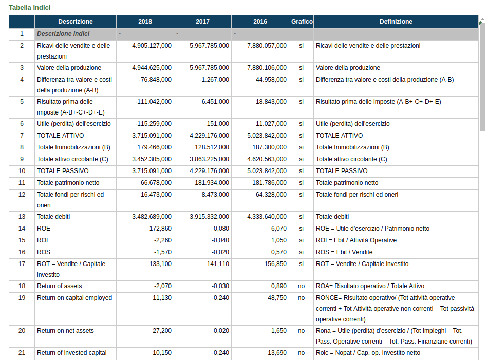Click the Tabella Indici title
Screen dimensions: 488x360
30,8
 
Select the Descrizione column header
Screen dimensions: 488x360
76,22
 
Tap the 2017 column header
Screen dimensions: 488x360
202,22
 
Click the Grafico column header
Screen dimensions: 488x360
302,22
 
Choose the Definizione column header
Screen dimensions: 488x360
396,22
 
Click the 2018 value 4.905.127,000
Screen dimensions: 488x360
152,46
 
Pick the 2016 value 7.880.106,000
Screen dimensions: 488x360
267,68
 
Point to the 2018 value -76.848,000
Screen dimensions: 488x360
155,80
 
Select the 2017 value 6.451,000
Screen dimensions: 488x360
215,102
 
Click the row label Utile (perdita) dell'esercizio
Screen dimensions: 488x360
74,124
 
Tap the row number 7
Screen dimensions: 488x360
22,136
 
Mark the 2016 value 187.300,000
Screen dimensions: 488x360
269,147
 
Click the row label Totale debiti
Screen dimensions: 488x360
53,217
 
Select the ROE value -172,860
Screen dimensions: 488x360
159,229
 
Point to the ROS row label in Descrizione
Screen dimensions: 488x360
44,252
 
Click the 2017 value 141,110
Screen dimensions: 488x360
218,264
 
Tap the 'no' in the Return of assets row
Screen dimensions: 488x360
301,286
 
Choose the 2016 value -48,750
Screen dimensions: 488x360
276,298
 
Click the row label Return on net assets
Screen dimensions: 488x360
65,331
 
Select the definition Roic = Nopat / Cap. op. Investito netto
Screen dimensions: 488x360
368,353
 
